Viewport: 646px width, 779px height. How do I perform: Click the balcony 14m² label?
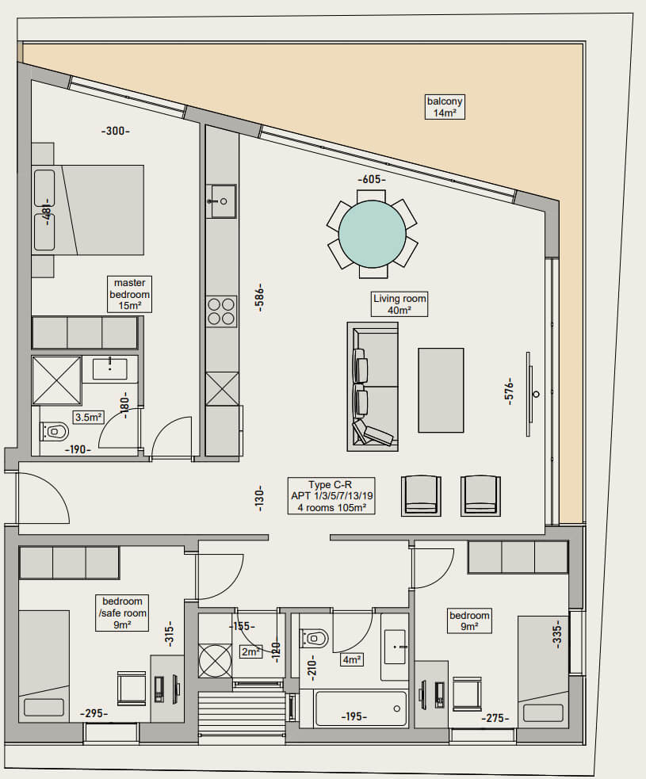coord(445,107)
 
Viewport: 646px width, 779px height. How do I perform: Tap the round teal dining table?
coord(373,234)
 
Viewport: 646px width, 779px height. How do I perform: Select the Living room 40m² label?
coord(399,304)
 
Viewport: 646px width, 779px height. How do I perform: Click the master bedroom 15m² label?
coord(130,294)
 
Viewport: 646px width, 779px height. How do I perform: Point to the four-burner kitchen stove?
coord(221,311)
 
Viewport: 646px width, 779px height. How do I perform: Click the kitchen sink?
coord(221,201)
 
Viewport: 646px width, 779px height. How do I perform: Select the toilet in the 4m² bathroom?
coord(315,637)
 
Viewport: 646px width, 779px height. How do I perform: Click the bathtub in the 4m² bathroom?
coord(361,708)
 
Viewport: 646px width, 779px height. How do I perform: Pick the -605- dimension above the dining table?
coord(372,179)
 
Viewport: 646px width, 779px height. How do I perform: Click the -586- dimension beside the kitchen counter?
coord(259,298)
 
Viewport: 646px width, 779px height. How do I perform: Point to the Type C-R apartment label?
coord(331,496)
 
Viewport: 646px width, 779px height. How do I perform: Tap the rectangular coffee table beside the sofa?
coord(441,390)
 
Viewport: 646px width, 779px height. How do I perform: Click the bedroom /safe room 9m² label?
coord(122,613)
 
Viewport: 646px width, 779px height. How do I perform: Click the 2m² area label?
coord(251,651)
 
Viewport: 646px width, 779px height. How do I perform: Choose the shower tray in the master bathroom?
coord(56,380)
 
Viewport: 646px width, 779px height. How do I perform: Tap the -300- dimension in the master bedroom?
coord(115,132)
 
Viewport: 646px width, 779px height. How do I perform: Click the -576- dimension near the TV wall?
coord(509,391)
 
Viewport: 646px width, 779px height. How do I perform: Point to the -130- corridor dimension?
coord(259,498)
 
